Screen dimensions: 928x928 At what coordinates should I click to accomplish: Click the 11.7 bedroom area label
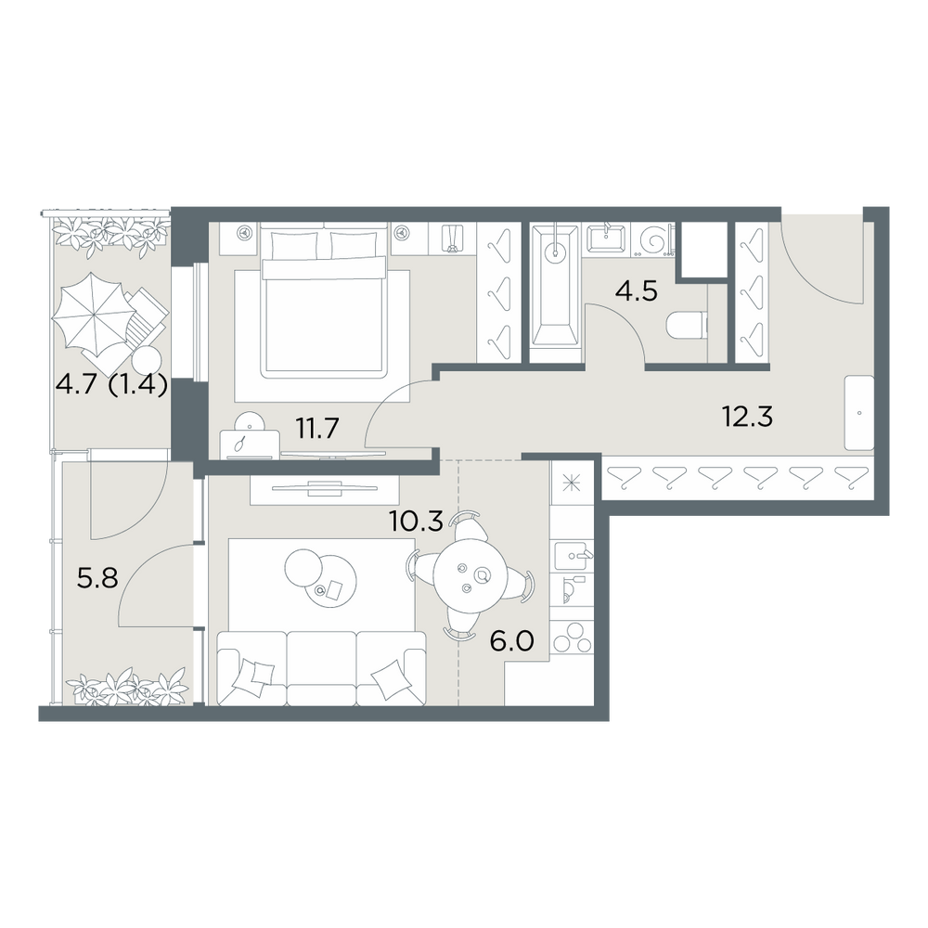[317, 428]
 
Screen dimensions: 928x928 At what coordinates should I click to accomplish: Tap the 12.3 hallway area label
[747, 417]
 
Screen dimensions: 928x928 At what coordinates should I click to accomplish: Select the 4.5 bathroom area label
[637, 291]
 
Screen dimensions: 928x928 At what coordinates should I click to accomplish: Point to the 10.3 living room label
[416, 521]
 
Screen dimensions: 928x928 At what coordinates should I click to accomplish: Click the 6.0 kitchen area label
[512, 640]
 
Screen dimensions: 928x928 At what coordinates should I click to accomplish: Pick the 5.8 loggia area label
[97, 577]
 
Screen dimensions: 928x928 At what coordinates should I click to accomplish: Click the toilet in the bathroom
[687, 326]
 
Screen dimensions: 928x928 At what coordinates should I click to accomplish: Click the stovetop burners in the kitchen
[572, 638]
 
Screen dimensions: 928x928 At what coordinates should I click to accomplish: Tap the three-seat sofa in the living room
[322, 668]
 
